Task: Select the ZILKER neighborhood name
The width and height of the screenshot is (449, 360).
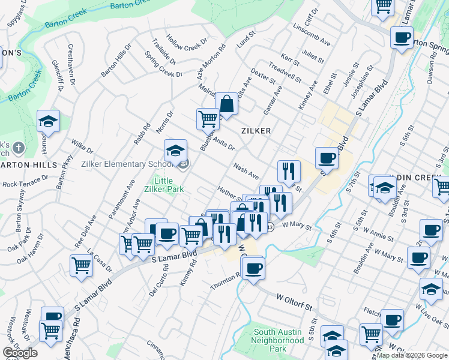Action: (x=256, y=130)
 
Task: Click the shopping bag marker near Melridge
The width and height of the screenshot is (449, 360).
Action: (x=227, y=104)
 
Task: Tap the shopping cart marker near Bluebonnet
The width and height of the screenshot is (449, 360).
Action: (x=208, y=119)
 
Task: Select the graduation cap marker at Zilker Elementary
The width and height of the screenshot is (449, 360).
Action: (x=175, y=150)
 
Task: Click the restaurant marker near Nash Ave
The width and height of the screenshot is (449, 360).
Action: (x=289, y=172)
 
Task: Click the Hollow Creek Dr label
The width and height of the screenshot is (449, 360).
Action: (x=187, y=43)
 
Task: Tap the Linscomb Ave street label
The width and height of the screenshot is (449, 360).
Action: (x=312, y=35)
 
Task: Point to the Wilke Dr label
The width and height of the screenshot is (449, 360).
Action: (x=82, y=145)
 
